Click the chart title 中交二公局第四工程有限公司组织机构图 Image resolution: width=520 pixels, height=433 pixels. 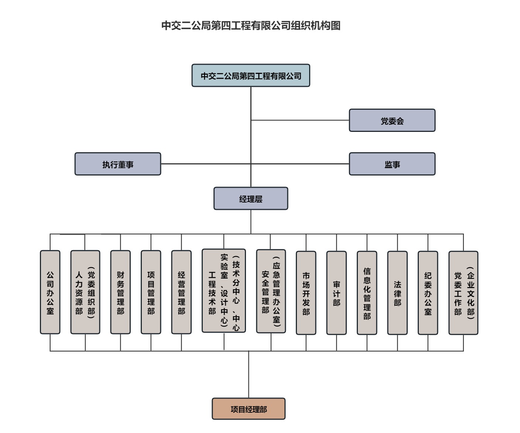click(251, 25)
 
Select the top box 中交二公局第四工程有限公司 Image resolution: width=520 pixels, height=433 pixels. click(251, 76)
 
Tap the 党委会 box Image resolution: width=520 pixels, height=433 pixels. click(392, 120)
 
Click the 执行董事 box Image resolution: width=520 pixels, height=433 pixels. click(118, 164)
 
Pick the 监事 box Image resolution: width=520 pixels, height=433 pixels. click(392, 164)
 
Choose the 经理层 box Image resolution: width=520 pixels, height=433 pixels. click(251, 199)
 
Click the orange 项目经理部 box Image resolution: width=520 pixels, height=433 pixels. click(249, 409)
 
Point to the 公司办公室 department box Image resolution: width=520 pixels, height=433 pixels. click(50, 292)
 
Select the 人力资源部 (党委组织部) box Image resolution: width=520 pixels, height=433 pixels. click(85, 292)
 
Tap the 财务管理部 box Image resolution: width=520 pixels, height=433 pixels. click(120, 292)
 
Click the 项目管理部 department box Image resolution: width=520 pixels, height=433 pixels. click(151, 292)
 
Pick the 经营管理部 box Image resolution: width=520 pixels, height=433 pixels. click(181, 292)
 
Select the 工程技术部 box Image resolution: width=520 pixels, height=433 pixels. click(224, 291)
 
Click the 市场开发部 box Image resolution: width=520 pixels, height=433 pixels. click(306, 293)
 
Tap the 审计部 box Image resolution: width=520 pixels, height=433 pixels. click(336, 293)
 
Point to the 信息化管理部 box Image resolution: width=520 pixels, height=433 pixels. click(367, 293)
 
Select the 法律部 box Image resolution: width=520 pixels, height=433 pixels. click(397, 293)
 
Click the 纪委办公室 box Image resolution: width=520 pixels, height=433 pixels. click(428, 293)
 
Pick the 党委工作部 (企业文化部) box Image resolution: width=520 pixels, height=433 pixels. click(463, 293)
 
